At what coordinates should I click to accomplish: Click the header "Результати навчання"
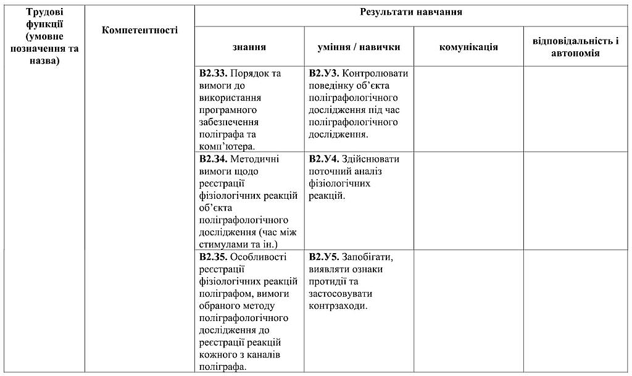click(411, 12)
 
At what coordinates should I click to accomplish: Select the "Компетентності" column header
click(140, 30)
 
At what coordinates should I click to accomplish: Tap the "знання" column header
click(249, 47)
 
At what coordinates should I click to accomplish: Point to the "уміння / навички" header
click(359, 47)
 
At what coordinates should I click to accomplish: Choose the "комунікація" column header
click(468, 47)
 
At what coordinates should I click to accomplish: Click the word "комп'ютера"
click(227, 146)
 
